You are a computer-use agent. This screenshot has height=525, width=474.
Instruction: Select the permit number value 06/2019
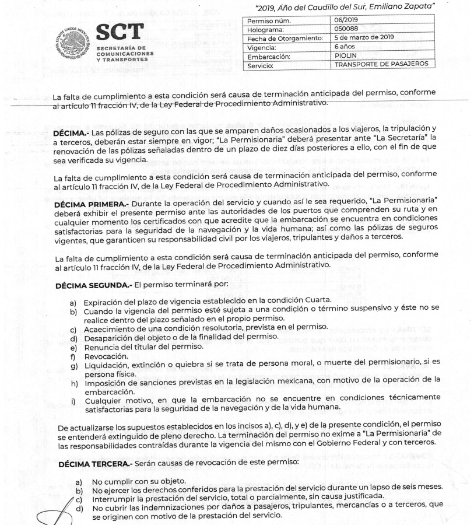click(x=346, y=20)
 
